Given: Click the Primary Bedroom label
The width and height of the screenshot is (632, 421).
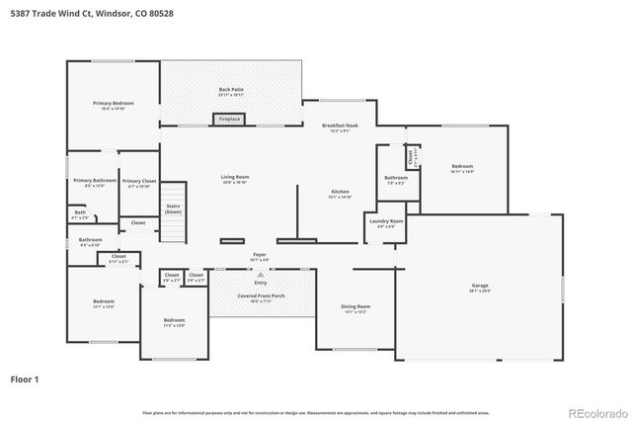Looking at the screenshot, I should [114, 104].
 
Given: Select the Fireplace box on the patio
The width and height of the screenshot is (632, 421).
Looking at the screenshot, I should [229, 120].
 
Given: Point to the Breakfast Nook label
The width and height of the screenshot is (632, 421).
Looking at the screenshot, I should [339, 126].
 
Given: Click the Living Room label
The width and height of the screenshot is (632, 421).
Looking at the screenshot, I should [235, 178].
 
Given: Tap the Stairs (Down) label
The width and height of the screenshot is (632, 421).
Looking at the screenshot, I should [173, 210].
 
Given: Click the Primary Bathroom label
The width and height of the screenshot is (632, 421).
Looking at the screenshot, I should [95, 182].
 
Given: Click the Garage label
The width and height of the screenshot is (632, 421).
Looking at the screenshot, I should [480, 287].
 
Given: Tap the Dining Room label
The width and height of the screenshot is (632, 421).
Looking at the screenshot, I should [355, 308].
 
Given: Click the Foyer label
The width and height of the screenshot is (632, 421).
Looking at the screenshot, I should [260, 256].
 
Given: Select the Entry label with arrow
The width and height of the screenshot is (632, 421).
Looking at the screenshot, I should [261, 282].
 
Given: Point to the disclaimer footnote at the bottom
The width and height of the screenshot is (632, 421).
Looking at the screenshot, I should [316, 412].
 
